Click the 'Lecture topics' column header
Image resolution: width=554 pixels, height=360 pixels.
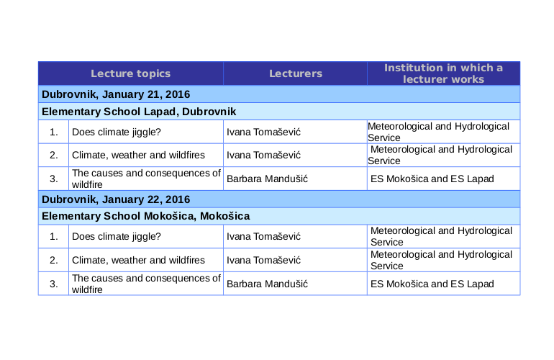coord(130,73)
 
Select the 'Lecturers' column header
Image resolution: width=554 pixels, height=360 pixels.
coord(296,73)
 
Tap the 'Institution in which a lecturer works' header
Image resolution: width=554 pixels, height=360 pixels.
coord(443,73)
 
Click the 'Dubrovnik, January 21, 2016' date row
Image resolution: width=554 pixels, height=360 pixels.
coord(116,94)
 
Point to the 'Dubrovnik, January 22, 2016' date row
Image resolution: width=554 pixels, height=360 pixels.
coord(116,199)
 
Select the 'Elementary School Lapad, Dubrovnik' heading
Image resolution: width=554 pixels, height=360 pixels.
coord(139,112)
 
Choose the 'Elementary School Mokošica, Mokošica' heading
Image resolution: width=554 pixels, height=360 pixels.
coord(145,216)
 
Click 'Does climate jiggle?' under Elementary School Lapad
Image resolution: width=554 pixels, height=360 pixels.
coord(117,132)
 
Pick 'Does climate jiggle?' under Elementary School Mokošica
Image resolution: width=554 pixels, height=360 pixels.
coord(117,236)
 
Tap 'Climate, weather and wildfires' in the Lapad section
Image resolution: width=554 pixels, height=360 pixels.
coord(138,155)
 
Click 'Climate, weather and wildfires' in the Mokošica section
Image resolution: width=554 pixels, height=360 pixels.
coord(138,260)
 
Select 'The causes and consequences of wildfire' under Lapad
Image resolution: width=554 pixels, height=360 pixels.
coord(146,179)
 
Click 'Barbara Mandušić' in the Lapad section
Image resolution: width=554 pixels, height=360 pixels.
coord(267,179)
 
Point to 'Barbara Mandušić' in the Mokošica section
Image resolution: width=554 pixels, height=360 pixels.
coord(267,284)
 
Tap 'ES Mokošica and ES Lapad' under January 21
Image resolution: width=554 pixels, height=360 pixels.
coord(431,179)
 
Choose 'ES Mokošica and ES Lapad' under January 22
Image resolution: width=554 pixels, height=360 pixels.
coord(432,284)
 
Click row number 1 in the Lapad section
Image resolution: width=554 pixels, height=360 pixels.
coord(54,132)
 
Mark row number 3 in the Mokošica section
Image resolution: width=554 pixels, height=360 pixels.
coord(54,284)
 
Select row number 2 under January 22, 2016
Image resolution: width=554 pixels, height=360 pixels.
coord(54,260)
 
